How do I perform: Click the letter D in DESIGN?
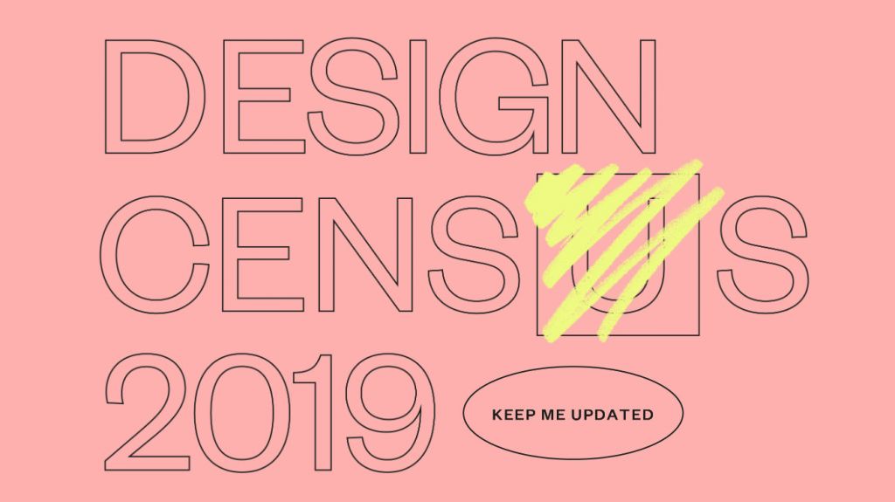pos(111,97)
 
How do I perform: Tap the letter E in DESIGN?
pos(230,97)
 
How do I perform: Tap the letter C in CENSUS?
pos(108,255)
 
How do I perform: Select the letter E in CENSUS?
pos(230,255)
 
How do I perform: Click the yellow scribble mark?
pos(622,251)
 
